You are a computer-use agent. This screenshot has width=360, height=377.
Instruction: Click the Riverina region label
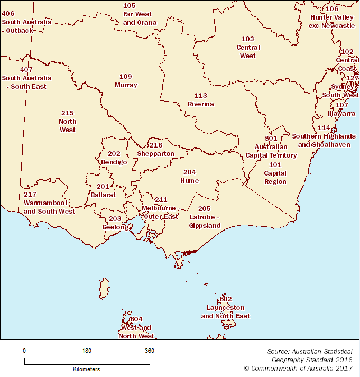point(200,100)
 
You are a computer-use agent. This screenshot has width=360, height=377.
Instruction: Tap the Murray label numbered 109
point(125,81)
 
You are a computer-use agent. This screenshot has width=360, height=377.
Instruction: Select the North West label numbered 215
point(67,121)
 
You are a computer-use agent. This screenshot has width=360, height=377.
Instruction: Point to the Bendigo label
point(114,158)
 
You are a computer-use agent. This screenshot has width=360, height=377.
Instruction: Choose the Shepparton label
point(155,149)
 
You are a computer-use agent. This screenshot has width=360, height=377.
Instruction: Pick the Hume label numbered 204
point(189,177)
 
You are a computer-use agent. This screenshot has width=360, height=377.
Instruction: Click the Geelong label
point(115,223)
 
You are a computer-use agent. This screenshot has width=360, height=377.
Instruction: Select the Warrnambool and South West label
point(49,203)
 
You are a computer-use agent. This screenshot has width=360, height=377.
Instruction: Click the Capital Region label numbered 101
point(275,173)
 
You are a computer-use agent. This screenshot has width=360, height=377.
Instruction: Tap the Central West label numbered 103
point(247,48)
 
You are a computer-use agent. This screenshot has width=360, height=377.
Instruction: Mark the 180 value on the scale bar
point(87,351)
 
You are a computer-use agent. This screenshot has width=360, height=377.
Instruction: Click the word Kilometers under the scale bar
point(86,369)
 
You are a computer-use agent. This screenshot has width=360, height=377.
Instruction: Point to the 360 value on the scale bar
point(150,351)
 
